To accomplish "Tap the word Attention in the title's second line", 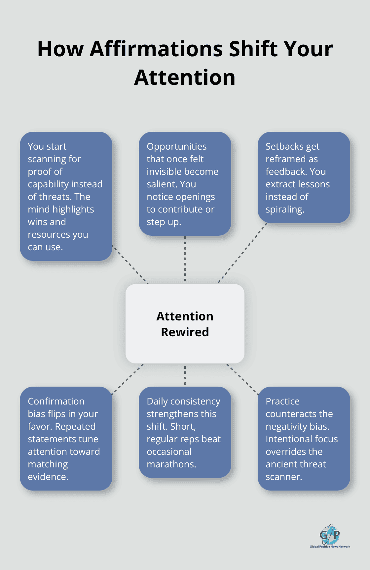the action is [x=185, y=77].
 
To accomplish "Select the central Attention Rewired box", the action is [x=185, y=324].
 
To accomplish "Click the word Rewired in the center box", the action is [x=185, y=332].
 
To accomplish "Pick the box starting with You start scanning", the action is [x=66, y=196].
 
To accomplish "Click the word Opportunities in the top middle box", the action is [x=177, y=147].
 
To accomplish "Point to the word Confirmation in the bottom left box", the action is [x=56, y=401].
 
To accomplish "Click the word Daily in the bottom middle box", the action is [x=157, y=402].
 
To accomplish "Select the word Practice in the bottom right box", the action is [x=283, y=401].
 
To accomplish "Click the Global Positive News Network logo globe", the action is [x=330, y=534].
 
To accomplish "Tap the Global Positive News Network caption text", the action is [x=330, y=547].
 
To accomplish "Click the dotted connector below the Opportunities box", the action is [x=185, y=259].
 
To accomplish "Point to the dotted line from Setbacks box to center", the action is [x=242, y=253].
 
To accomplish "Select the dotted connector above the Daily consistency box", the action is [x=185, y=375].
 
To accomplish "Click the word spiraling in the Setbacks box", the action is [x=285, y=210].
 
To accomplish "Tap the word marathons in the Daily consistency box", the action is [x=171, y=464].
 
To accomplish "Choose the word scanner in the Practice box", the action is [x=284, y=477].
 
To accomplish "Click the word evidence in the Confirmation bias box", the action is [x=48, y=477].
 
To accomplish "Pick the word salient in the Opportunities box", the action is [x=162, y=184].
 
